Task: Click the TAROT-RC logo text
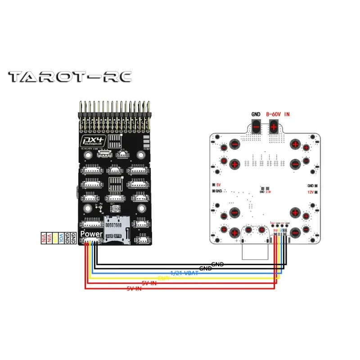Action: click(70, 77)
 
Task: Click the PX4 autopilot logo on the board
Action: click(92, 141)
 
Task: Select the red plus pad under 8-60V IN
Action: click(274, 128)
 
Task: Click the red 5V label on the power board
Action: click(219, 185)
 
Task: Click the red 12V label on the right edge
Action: click(310, 192)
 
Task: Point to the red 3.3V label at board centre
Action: click(268, 192)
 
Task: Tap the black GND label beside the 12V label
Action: click(310, 185)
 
